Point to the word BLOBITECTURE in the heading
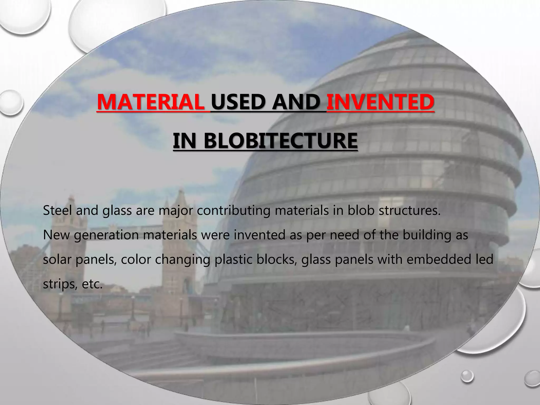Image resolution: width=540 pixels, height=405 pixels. point(281,141)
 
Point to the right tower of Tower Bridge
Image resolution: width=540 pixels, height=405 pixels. point(179,232)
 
